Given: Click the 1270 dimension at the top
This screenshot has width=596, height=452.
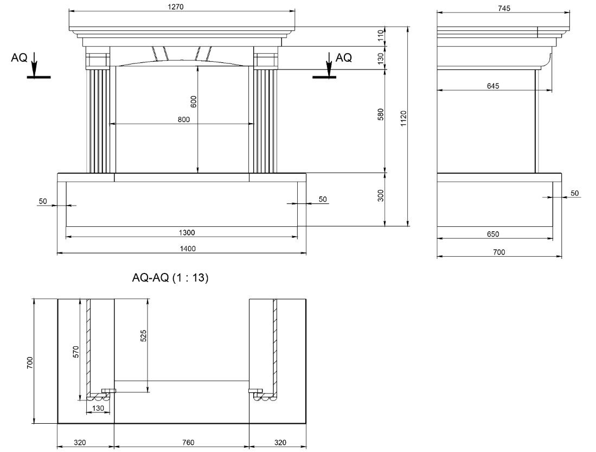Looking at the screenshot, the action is (176, 7).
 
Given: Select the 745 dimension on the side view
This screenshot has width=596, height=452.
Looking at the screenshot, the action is (503, 8).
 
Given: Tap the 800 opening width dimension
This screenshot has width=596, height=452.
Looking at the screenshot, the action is (184, 119).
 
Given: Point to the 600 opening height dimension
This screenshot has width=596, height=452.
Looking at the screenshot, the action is (194, 101).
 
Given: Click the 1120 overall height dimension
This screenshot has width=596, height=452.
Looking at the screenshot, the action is (403, 119).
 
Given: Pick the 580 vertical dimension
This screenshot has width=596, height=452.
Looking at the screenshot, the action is (381, 114).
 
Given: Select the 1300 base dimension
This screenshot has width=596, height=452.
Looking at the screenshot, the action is (187, 232).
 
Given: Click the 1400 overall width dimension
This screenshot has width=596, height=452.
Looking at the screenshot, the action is (188, 249).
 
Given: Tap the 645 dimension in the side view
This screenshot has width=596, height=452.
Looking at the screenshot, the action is (493, 86).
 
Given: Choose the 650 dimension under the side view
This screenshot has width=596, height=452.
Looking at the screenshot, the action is (493, 234).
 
